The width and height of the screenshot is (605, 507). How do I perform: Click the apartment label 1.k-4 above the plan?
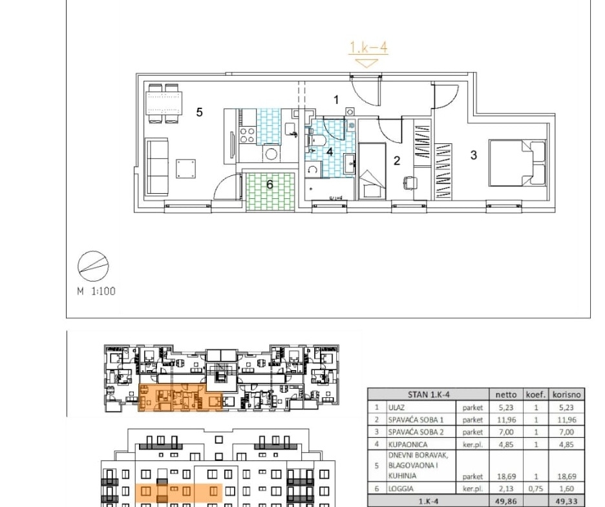(368, 47)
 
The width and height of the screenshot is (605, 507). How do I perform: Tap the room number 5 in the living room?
(199, 112)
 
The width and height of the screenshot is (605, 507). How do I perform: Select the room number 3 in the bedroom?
(473, 155)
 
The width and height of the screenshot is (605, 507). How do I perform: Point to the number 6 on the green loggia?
(270, 185)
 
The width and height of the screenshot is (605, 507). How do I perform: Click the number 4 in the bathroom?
(330, 152)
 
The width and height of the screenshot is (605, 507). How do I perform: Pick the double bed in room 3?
(518, 163)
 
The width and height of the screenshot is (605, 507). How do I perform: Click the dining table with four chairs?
(164, 103)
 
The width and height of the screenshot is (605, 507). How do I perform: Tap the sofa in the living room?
(157, 167)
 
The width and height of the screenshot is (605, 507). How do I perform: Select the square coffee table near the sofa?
(186, 169)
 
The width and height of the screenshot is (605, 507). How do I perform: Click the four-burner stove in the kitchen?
(248, 135)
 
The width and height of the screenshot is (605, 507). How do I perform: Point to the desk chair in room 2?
(410, 183)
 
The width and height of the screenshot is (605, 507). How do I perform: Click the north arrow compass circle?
(93, 266)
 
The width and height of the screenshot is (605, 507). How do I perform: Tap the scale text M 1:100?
(96, 291)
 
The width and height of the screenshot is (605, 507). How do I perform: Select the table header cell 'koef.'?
(536, 395)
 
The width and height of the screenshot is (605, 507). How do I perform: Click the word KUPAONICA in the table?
(408, 444)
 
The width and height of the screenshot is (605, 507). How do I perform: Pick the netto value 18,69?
(506, 477)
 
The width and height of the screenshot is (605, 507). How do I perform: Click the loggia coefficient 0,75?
(536, 489)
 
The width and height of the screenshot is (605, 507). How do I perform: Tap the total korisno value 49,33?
(566, 501)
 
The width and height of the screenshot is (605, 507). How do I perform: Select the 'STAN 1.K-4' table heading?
(429, 395)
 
